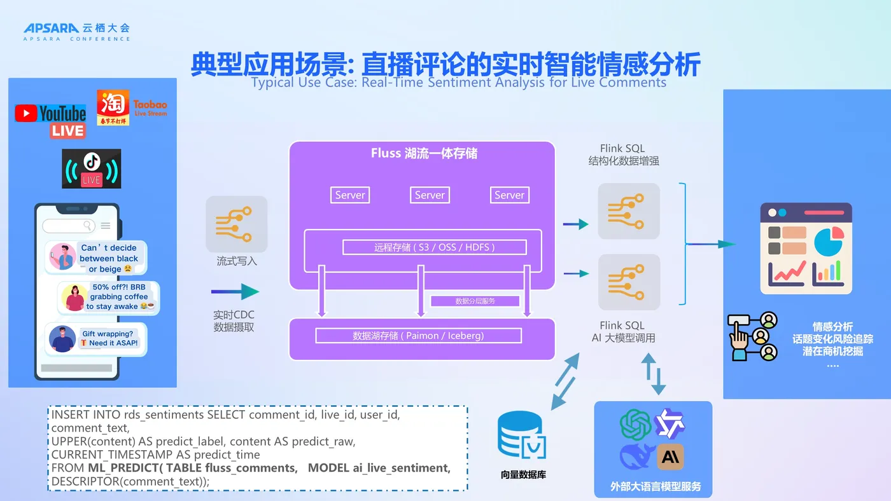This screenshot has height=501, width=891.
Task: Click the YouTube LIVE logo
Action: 50,121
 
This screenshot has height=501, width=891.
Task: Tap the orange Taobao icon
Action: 113,107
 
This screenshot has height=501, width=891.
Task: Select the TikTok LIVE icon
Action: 91,168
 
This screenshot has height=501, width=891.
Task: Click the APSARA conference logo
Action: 76,32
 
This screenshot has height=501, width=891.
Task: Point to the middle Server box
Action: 430,195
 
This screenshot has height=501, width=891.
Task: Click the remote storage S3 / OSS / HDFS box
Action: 435,247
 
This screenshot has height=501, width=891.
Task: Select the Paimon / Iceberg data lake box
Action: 418,336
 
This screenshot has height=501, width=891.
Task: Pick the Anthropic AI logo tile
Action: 670,456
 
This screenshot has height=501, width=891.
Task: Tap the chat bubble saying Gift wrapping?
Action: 109,338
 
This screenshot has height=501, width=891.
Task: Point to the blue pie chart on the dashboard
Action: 827,242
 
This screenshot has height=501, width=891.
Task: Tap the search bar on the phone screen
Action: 69,226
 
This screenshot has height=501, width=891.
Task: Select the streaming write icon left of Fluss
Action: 236,224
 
